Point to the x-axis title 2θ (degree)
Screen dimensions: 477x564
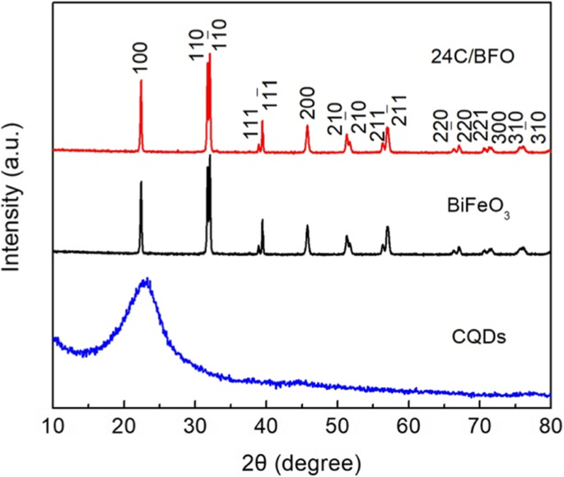point(301,458)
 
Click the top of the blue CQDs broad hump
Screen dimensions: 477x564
point(146,280)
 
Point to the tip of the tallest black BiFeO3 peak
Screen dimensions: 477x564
point(210,155)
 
